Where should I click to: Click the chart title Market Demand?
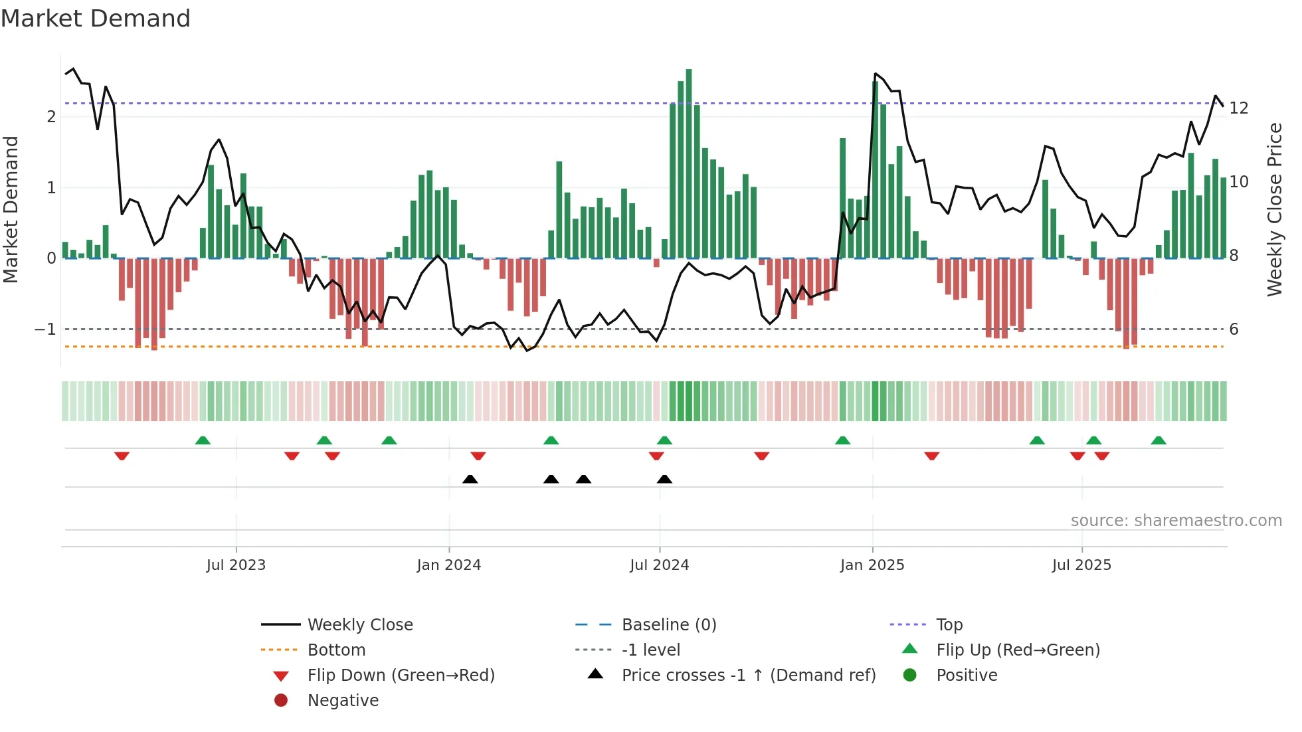(x=96, y=19)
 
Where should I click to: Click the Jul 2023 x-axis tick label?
(x=236, y=565)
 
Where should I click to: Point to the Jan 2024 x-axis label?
(x=448, y=565)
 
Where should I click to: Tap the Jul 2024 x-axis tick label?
(x=659, y=565)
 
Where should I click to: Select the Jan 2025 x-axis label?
(x=872, y=565)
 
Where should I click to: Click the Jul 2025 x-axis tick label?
(x=1081, y=565)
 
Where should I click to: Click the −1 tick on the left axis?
(x=45, y=329)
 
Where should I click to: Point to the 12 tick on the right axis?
(x=1239, y=108)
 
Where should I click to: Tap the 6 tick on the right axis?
(x=1234, y=329)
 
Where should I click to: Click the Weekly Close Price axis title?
(x=1274, y=209)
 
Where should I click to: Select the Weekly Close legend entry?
(x=359, y=625)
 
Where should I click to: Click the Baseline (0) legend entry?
(x=668, y=625)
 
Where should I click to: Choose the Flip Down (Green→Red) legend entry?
(x=401, y=676)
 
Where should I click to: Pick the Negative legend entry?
(x=343, y=701)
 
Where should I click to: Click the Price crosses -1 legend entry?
(x=748, y=676)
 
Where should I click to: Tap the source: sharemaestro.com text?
(x=1176, y=521)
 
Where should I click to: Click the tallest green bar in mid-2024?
(x=689, y=163)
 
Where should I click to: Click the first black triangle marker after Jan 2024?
(x=470, y=479)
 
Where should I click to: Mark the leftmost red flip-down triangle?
(x=122, y=456)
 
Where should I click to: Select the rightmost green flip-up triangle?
(x=1159, y=440)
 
